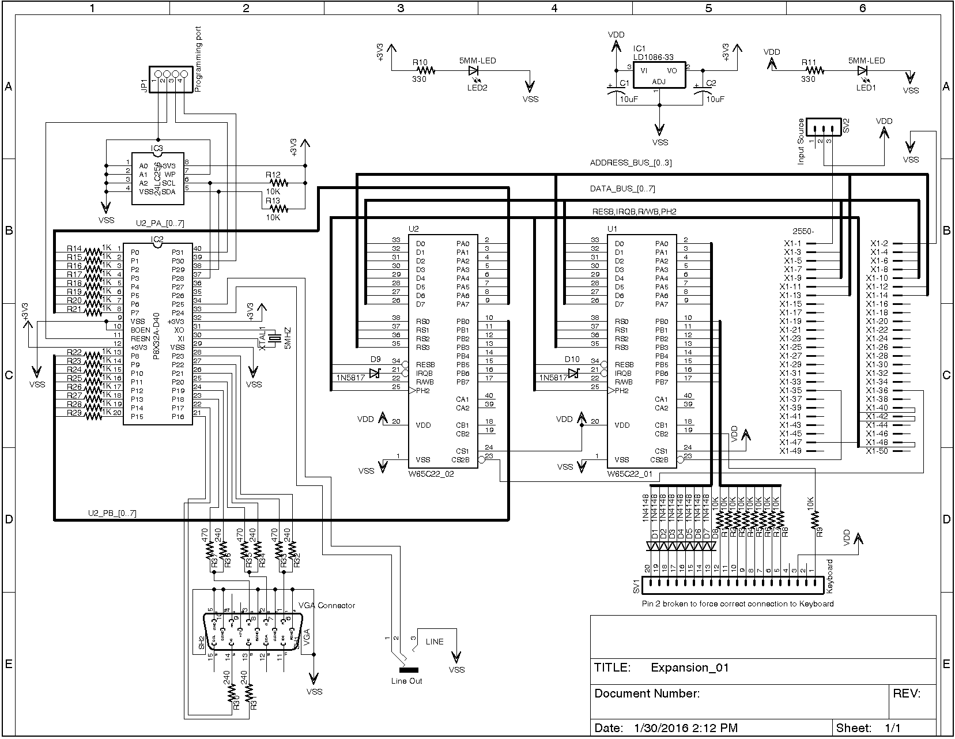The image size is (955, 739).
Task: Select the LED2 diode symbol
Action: (x=474, y=70)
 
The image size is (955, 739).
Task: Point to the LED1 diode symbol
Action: (x=863, y=70)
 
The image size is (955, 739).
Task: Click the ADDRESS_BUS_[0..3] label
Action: (x=631, y=163)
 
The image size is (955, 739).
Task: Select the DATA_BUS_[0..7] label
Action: (x=622, y=189)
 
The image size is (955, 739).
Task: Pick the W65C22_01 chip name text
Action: (x=631, y=474)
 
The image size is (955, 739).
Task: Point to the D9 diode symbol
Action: (x=375, y=374)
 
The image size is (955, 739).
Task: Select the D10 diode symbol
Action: (x=573, y=374)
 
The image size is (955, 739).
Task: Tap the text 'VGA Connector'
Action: (x=327, y=605)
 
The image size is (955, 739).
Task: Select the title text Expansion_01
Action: (x=689, y=668)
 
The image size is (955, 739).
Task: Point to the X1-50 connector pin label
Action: (x=877, y=451)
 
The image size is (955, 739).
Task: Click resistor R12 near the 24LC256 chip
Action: (x=278, y=182)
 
